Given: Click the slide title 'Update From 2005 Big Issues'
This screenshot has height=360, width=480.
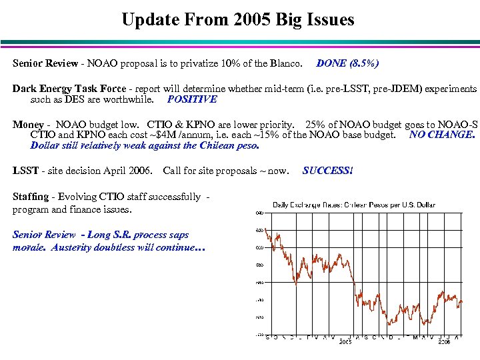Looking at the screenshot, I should click(238, 19).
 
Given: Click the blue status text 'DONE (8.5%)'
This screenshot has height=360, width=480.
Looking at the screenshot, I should click(348, 63).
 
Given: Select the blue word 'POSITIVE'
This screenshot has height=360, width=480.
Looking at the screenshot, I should click(192, 99).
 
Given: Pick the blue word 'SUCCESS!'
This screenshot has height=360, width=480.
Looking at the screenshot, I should click(327, 170).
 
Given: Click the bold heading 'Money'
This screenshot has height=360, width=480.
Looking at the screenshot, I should click(28, 124).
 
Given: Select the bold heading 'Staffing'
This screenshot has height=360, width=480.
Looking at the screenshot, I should click(31, 197).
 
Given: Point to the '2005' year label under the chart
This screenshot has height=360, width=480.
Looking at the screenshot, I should click(345, 341).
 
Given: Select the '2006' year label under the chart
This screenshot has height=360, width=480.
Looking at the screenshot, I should click(443, 341).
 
